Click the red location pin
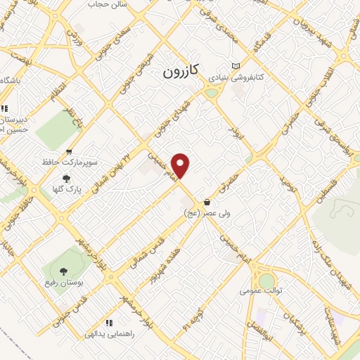pos(181,165)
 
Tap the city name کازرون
pos(181,71)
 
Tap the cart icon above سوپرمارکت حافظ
pos(68,152)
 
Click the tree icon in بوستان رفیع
pos(65,270)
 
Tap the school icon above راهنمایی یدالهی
pos(108,323)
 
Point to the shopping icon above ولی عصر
pos(206,202)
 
